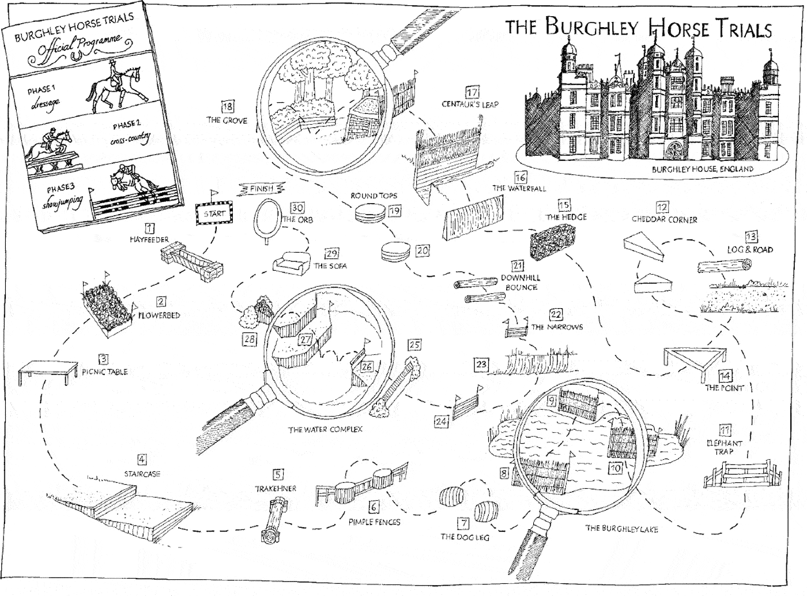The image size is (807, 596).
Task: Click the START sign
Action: point(214,213)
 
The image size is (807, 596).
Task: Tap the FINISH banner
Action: point(262,189)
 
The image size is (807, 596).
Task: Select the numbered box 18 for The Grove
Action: point(227,106)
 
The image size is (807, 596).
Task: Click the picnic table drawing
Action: point(48,371)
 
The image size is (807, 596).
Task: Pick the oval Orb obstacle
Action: point(267,217)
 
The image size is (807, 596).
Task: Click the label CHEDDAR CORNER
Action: point(664,220)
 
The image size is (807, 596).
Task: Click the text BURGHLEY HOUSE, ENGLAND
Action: point(702,169)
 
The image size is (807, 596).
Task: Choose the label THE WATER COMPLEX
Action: point(325,430)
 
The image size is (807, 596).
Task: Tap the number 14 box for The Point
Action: point(725,376)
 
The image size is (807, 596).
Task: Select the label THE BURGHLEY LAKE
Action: point(621,528)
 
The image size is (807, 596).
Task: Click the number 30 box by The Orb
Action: point(297,208)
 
